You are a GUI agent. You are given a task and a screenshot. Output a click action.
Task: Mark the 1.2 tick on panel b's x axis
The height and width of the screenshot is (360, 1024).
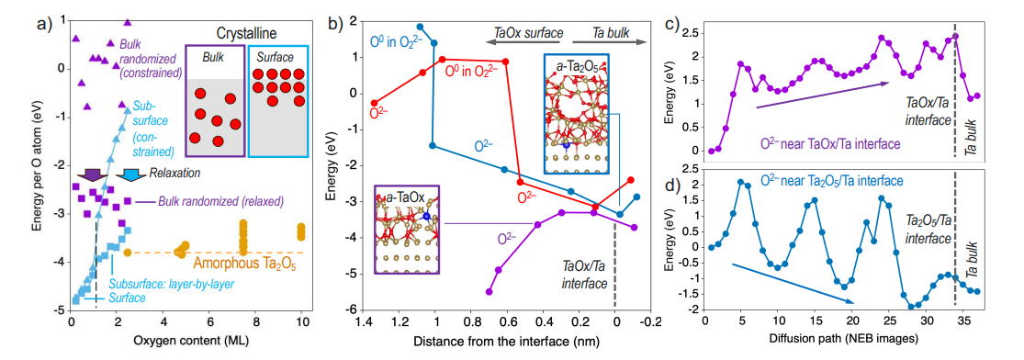click(x=399, y=323)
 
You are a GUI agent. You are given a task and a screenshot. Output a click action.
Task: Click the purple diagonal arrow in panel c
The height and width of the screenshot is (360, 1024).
click(x=823, y=96)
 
